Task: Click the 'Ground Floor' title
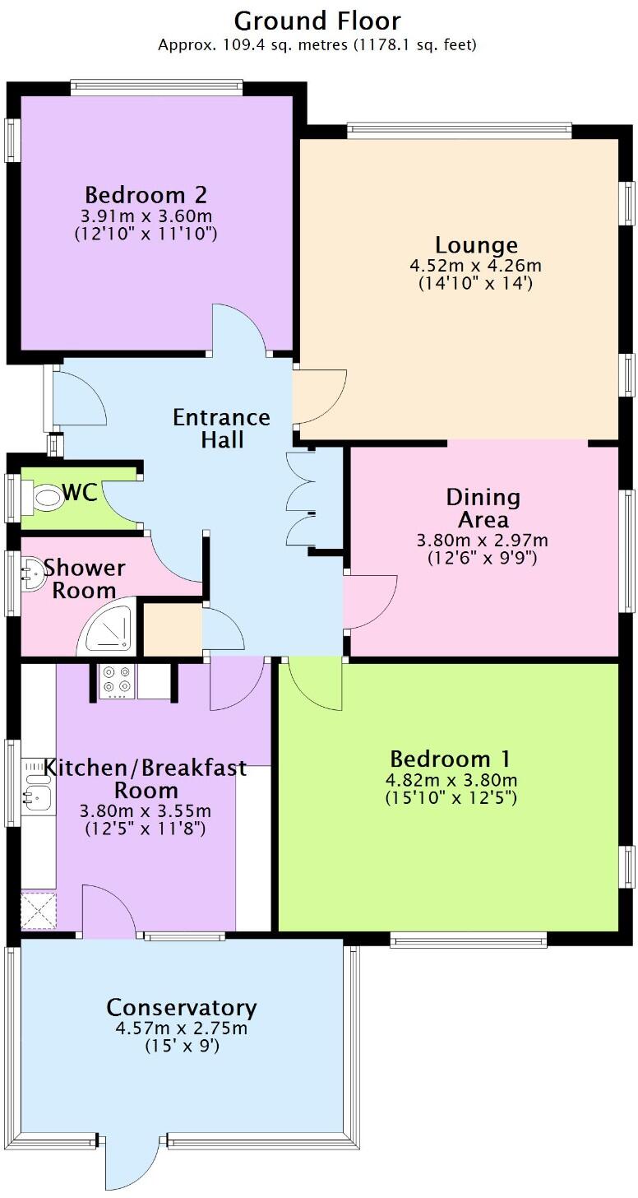pos(317,20)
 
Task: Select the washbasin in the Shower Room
pos(32,573)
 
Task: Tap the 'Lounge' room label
pos(476,244)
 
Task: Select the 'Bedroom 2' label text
pos(146,196)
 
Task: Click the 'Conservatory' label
pos(181,1007)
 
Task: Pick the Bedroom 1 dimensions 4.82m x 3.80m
pos(451,780)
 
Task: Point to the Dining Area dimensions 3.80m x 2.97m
pos(482,541)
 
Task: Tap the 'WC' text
pos(80,493)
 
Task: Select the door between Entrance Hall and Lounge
pos(318,393)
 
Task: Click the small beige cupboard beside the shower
pos(172,630)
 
